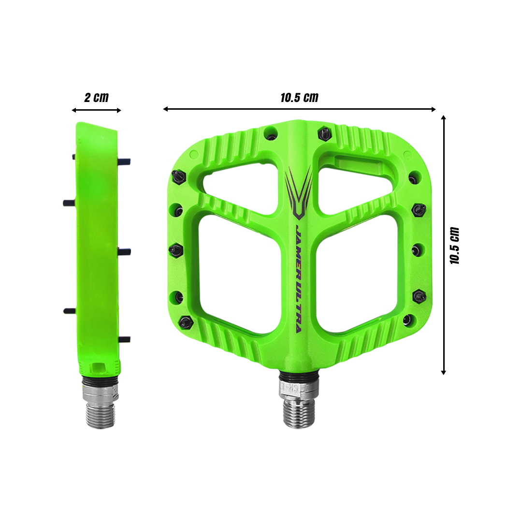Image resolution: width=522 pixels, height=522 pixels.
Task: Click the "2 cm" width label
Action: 96,97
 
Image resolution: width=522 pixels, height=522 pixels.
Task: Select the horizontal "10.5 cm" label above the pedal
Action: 299,97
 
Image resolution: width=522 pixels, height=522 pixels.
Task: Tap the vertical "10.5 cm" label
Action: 455,245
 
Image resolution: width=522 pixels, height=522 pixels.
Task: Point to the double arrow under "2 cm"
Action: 96,110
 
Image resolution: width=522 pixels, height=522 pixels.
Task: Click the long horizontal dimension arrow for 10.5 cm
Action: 299,109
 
